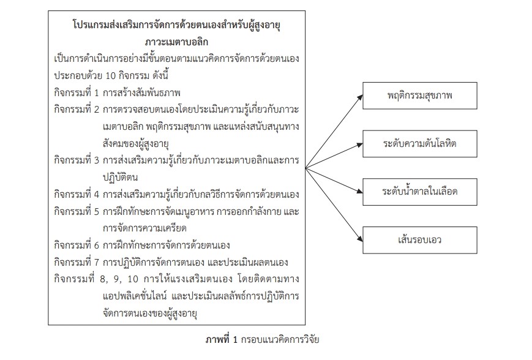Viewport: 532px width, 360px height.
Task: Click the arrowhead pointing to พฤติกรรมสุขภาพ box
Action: pos(361,98)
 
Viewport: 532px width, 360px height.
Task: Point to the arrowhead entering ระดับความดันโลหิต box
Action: pos(359,146)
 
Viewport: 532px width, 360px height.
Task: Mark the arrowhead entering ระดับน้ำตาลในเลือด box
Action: pos(359,191)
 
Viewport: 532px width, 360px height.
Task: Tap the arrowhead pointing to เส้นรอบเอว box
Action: pos(361,238)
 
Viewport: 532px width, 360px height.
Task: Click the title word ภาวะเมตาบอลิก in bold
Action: pos(176,42)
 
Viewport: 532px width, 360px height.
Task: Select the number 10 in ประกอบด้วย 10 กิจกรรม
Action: pos(111,76)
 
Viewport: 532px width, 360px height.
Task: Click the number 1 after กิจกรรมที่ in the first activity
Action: pos(96,93)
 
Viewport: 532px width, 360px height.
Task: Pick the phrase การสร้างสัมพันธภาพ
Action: pos(141,93)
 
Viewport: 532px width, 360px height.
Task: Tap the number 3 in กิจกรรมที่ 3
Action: pos(96,160)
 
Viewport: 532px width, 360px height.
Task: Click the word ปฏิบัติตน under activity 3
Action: pos(120,178)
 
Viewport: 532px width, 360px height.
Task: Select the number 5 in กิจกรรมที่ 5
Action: pos(96,212)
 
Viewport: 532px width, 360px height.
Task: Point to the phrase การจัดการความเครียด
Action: pos(145,228)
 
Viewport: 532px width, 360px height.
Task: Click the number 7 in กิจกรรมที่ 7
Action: pos(96,263)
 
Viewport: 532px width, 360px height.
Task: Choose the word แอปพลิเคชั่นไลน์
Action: pos(135,296)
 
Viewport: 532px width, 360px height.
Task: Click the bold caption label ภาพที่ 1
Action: pos(222,339)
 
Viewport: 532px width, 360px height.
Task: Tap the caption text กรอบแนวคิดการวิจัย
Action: pos(280,339)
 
